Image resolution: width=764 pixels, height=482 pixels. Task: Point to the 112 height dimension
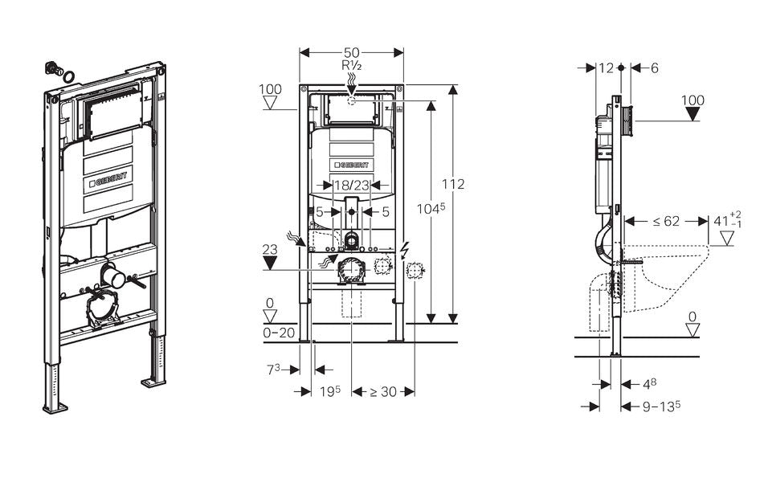(x=454, y=184)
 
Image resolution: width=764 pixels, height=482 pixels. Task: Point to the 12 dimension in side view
(x=607, y=68)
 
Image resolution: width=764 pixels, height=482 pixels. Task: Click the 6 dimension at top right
(x=654, y=68)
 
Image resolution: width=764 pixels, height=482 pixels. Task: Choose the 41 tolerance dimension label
(x=728, y=220)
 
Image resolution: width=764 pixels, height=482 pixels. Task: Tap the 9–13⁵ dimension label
(x=661, y=406)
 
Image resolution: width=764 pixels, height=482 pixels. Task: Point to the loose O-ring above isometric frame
(x=70, y=77)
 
